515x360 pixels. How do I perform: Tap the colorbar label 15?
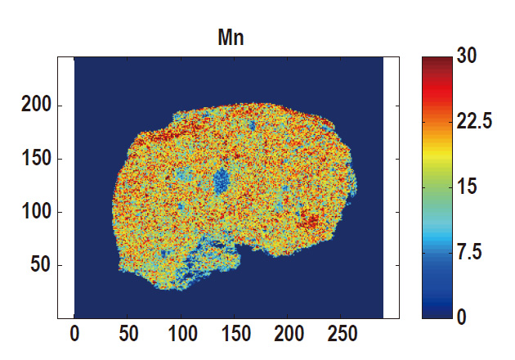(468, 187)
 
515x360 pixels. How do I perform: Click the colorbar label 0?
(463, 317)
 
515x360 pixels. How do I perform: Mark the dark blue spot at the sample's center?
(222, 182)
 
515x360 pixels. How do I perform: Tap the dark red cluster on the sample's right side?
(310, 221)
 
